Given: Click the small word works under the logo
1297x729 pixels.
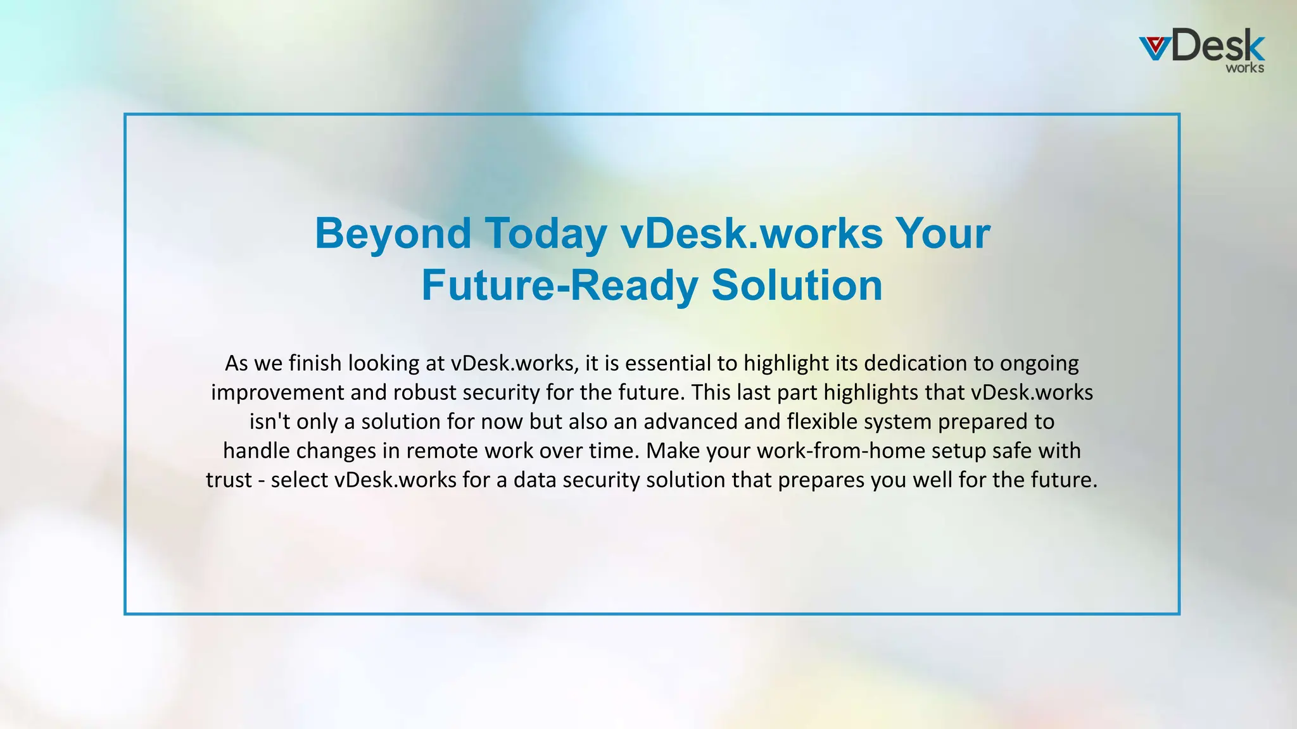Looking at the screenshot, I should pos(1244,68).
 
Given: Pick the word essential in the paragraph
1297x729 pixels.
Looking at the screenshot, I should pos(668,363).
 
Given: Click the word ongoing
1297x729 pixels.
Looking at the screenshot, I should pos(1039,363).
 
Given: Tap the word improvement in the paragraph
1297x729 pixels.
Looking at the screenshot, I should pos(278,392).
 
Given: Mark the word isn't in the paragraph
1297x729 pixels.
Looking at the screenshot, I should pos(270,421).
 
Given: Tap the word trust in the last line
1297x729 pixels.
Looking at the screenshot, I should pos(229,480).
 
